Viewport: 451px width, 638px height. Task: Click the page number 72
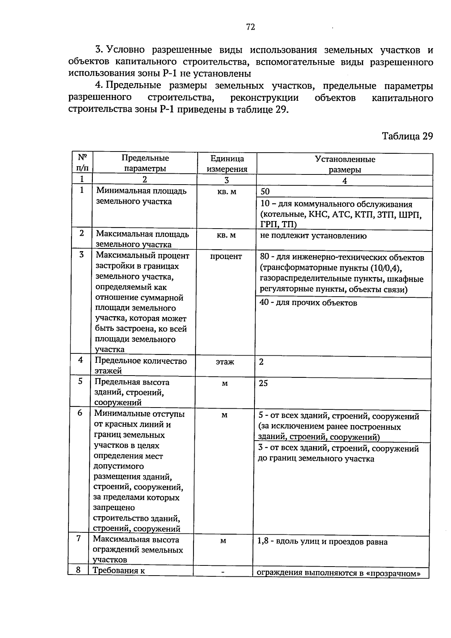coord(251,27)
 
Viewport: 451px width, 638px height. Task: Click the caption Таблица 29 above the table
coord(407,136)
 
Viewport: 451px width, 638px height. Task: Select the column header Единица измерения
coord(227,164)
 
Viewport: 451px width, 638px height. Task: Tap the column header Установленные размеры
coord(345,164)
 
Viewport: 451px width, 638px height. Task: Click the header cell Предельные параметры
coord(145,163)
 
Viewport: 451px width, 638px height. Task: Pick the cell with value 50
coord(265,191)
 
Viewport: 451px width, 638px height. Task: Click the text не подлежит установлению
coord(313,236)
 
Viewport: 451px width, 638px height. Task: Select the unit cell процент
coord(226,256)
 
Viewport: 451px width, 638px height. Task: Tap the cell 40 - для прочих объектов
coord(308,303)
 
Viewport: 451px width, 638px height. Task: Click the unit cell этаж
coord(225,362)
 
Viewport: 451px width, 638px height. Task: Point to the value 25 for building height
coord(263,383)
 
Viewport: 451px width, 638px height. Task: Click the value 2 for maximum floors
coord(261,362)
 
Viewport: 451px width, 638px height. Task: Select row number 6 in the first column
coord(80,413)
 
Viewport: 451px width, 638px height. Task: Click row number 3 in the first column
coord(81,255)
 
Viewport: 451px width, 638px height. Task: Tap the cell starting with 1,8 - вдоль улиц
coord(322,542)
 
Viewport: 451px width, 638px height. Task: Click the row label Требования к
coord(119,571)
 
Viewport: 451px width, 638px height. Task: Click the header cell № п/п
coord(82,162)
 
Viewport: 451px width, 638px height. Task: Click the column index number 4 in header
coord(345,180)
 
